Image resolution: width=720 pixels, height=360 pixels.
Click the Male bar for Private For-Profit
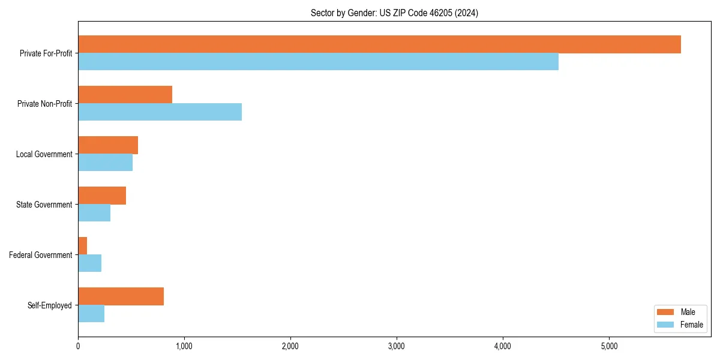pos(379,44)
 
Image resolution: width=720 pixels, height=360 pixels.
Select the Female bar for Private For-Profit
pos(318,62)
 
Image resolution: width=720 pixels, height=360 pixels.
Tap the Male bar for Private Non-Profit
pos(125,95)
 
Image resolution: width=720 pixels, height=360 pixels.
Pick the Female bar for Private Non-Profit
pos(160,112)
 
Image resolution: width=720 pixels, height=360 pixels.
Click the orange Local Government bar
pos(108,145)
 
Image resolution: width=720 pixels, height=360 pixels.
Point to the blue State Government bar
pos(94,213)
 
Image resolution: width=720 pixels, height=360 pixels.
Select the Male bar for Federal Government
pos(83,246)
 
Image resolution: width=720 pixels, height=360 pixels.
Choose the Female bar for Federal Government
pos(89,263)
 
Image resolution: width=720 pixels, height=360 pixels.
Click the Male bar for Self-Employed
pos(121,296)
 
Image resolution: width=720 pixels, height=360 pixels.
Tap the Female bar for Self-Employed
pos(91,314)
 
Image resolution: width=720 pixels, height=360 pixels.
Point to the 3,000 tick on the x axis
pos(397,346)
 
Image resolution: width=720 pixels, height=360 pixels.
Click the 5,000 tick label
pos(609,346)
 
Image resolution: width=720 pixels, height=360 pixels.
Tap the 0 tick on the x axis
pos(78,346)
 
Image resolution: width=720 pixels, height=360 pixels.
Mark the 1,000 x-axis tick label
pos(184,346)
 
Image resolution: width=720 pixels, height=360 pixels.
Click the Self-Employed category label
pos(50,305)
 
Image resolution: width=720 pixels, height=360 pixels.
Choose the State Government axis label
pos(44,205)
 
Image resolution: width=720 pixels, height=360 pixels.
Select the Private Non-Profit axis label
pos(44,104)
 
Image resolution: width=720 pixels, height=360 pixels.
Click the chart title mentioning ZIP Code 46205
pos(394,13)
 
